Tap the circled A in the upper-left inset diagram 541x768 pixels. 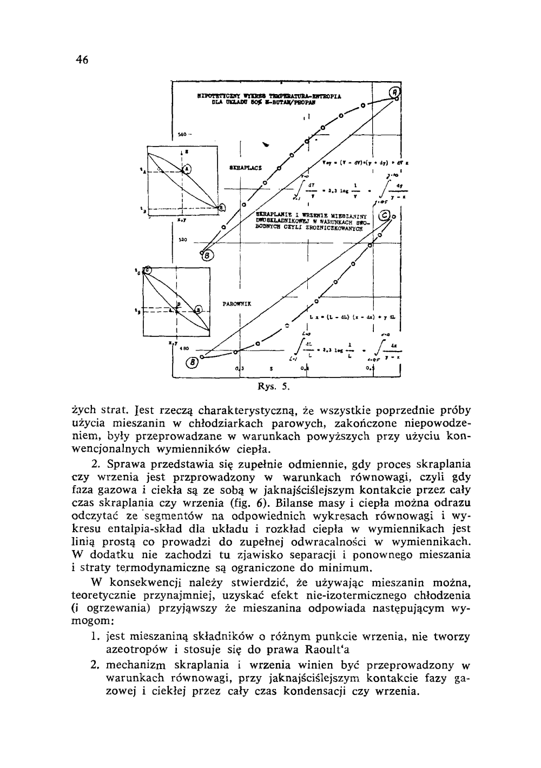click(x=186, y=169)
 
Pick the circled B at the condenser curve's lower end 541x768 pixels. click(x=208, y=255)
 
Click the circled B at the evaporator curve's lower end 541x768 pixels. click(x=192, y=362)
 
